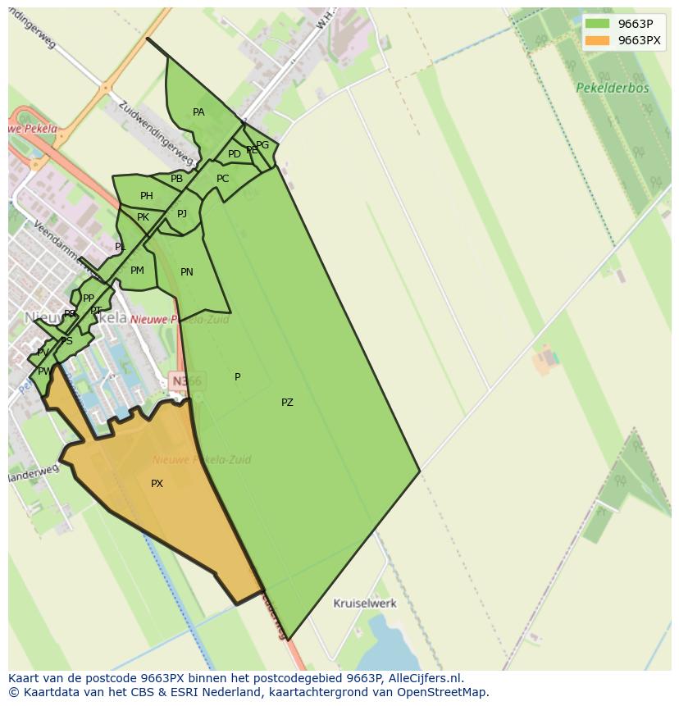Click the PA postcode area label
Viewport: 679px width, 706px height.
click(x=198, y=112)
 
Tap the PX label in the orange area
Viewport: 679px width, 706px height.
click(x=157, y=484)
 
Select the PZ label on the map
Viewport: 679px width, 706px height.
click(x=287, y=403)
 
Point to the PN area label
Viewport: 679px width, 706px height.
click(x=187, y=272)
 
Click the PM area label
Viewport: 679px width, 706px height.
click(x=137, y=271)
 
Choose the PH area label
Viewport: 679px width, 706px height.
click(x=146, y=196)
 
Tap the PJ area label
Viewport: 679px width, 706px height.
click(x=182, y=214)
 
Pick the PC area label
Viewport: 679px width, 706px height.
click(x=223, y=179)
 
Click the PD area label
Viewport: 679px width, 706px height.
click(x=235, y=154)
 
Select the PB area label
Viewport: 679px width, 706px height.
click(x=176, y=179)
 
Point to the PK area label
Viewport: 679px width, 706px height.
click(x=143, y=217)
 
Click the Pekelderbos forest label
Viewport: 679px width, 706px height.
click(x=612, y=88)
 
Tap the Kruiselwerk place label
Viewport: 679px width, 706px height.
click(x=365, y=604)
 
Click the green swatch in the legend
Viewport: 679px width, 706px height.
click(x=597, y=24)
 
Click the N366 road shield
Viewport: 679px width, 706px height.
click(x=186, y=380)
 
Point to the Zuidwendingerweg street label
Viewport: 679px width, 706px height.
click(x=155, y=133)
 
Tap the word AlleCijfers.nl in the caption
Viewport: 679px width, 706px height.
click(x=424, y=678)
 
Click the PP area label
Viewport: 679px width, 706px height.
click(x=89, y=298)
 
